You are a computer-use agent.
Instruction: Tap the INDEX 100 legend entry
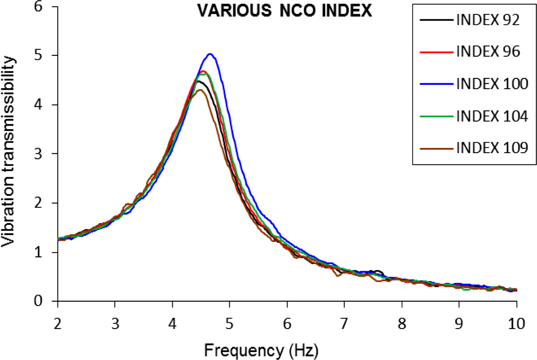pyautogui.click(x=491, y=83)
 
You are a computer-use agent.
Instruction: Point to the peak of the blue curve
pyautogui.click(x=210, y=54)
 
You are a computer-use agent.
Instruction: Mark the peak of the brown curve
pyautogui.click(x=200, y=90)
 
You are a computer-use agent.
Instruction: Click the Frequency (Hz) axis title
pyautogui.click(x=261, y=348)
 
